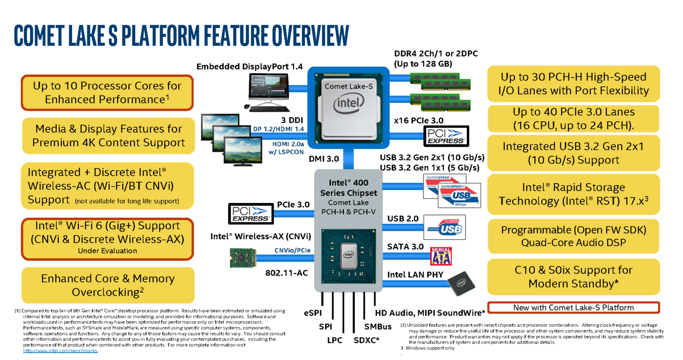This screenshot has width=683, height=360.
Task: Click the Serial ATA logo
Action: [x=441, y=256]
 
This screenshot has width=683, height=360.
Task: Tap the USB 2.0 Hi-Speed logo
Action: [x=444, y=227]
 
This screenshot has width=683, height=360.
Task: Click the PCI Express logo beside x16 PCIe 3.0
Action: [x=446, y=136]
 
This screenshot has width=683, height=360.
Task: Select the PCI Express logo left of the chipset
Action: [x=251, y=214]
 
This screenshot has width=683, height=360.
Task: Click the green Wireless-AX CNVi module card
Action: [x=243, y=258]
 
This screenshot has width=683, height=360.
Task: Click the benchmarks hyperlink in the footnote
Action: [x=60, y=351]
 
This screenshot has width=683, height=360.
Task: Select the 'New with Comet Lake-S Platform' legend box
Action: [x=573, y=307]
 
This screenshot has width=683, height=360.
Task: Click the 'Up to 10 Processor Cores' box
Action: [x=108, y=92]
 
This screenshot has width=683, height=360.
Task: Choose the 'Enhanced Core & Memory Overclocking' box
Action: [x=108, y=285]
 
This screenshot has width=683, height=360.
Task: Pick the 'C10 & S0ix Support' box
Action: [x=573, y=277]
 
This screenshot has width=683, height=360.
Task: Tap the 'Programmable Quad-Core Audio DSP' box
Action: [x=573, y=236]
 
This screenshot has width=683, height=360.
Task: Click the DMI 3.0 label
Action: [x=324, y=159]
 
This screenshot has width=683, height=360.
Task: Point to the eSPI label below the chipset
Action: [x=313, y=313]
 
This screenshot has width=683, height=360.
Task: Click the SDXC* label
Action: [x=366, y=340]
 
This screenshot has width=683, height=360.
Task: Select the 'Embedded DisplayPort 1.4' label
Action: [x=249, y=66]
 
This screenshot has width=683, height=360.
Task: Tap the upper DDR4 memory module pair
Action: [x=440, y=81]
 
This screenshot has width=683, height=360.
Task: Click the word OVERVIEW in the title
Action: [x=311, y=36]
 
